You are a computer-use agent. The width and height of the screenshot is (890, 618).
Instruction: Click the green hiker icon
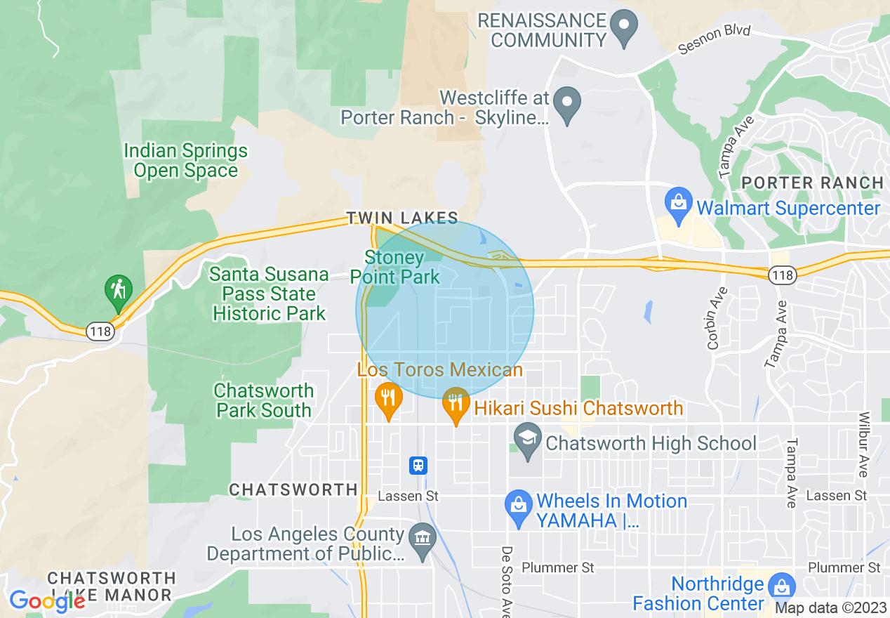pyautogui.click(x=119, y=291)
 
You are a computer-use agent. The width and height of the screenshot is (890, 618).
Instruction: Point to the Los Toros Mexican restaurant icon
pyautogui.click(x=387, y=399)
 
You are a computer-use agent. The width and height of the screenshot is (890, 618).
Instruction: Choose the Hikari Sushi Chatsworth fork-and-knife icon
pyautogui.click(x=456, y=403)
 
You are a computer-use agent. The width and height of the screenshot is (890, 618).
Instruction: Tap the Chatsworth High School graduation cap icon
pyautogui.click(x=527, y=440)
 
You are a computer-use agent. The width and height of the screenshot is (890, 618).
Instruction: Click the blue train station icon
pyautogui.click(x=418, y=465)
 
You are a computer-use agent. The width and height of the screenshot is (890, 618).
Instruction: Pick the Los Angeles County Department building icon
pyautogui.click(x=423, y=540)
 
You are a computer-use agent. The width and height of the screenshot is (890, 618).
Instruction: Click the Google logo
pyautogui.click(x=47, y=600)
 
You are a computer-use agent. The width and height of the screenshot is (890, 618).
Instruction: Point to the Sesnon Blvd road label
pyautogui.click(x=715, y=40)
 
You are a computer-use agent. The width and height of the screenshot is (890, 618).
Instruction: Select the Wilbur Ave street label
pyautogui.click(x=863, y=445)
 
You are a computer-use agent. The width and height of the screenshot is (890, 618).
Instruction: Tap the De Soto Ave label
pyautogui.click(x=506, y=581)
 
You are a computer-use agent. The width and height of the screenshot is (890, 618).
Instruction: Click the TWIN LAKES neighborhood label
pyautogui.click(x=402, y=218)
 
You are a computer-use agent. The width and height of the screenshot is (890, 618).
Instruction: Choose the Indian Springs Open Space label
pyautogui.click(x=186, y=161)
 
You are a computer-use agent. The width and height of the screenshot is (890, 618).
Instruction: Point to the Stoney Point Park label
pyautogui.click(x=394, y=268)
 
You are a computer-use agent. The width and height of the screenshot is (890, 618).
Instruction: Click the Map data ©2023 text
pyautogui.click(x=831, y=608)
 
